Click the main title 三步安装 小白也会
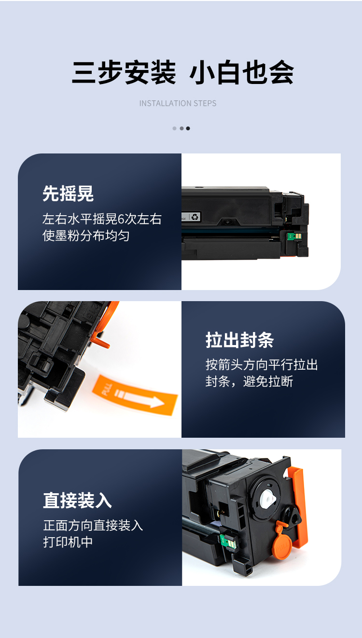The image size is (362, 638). [182, 72]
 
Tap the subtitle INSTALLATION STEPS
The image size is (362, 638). [178, 103]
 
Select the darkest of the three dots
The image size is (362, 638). [188, 128]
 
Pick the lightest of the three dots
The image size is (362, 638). [174, 128]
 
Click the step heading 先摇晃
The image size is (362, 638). [68, 194]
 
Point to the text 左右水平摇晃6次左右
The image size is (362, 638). [102, 219]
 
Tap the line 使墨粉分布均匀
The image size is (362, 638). [86, 236]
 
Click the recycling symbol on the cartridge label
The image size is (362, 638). [195, 217]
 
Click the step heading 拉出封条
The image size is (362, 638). [240, 340]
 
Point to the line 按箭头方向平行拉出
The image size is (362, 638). [262, 365]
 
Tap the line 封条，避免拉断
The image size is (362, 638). [249, 381]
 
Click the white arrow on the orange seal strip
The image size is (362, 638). [139, 398]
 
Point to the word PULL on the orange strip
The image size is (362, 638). [107, 389]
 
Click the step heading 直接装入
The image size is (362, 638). [77, 500]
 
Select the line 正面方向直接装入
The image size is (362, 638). [93, 526]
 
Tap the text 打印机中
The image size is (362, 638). [68, 542]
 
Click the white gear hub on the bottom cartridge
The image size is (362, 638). [268, 499]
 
